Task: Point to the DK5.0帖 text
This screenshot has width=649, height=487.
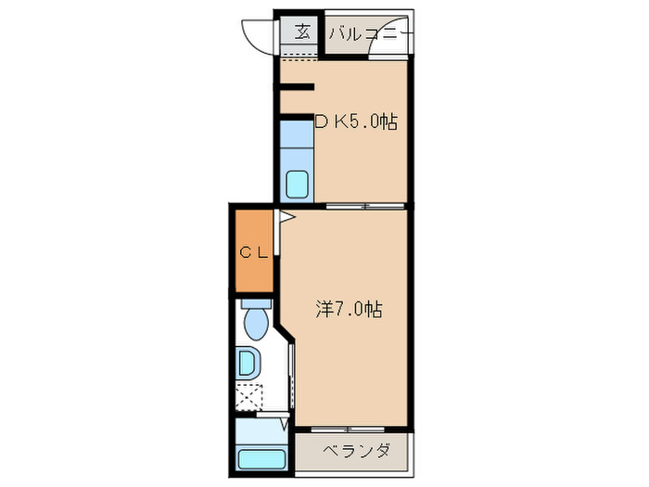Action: click(x=356, y=122)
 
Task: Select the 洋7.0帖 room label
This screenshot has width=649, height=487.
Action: click(x=349, y=311)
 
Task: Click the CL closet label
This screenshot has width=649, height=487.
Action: click(x=253, y=251)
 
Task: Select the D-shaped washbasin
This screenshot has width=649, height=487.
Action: click(x=248, y=363)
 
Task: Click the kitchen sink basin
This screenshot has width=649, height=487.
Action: click(x=299, y=184)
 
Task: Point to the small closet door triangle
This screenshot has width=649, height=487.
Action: click(x=286, y=219)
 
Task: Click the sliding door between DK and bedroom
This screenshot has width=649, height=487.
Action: click(x=365, y=205)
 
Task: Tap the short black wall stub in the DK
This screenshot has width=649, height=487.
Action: click(x=297, y=88)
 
